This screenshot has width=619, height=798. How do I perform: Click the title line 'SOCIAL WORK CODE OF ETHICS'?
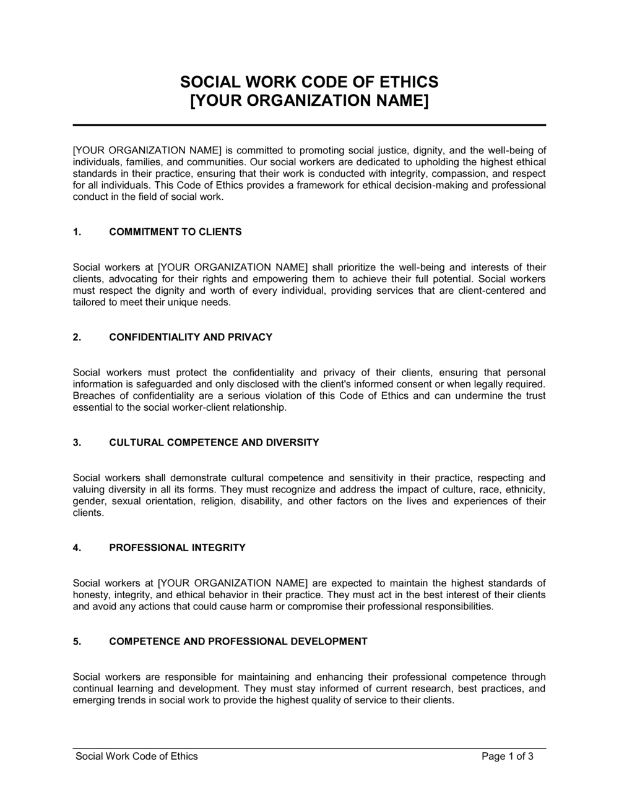[309, 82]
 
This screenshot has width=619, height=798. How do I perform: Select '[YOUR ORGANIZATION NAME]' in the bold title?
[309, 100]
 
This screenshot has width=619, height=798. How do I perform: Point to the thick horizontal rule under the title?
[309, 125]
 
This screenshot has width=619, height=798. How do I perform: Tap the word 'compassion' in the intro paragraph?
[456, 173]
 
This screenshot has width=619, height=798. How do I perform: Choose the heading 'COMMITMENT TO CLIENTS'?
[175, 232]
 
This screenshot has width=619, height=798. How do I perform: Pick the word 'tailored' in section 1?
[89, 302]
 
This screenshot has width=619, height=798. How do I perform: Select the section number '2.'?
[77, 337]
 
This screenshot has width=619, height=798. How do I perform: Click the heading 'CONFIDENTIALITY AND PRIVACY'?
[191, 337]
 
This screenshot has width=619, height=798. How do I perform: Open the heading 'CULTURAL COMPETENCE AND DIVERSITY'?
[214, 442]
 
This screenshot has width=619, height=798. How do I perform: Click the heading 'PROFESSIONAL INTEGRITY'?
[177, 547]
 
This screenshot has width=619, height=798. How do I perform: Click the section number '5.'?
[77, 641]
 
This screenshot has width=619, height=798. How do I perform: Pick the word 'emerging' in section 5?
[92, 700]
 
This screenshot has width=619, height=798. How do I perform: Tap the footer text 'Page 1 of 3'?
[507, 756]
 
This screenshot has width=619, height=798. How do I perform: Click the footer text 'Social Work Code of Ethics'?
[136, 756]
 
